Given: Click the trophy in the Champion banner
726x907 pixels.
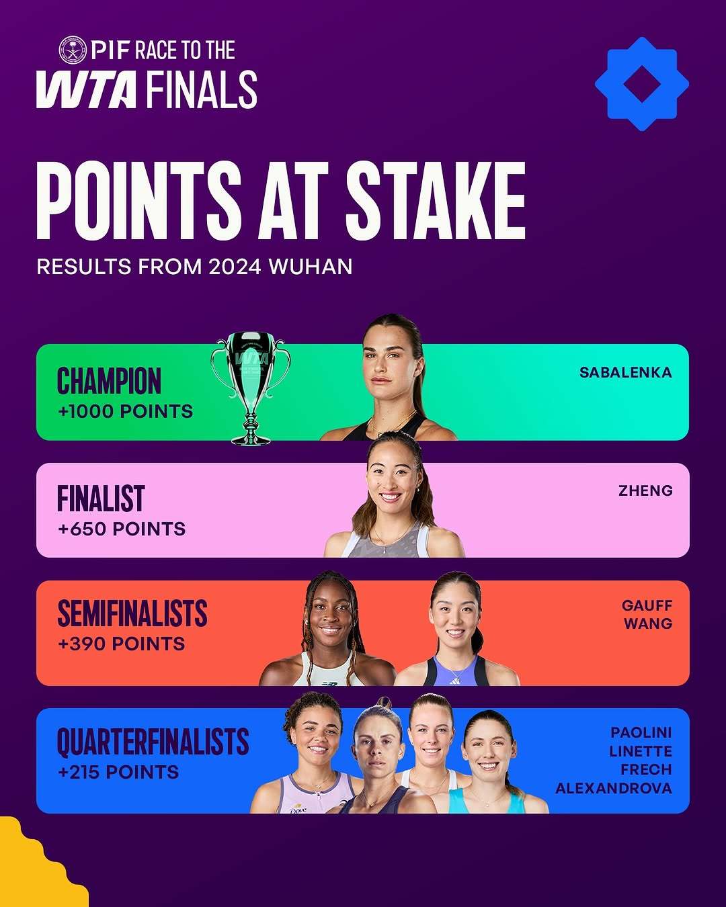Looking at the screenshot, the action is (x=251, y=388).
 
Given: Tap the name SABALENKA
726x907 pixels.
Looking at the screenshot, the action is (x=626, y=373).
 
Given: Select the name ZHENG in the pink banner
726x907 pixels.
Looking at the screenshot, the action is (x=645, y=490).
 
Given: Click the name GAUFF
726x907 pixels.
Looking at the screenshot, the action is (x=647, y=605).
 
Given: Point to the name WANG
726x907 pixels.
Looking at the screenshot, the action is (x=649, y=623).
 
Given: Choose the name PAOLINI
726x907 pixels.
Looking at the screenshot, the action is (x=641, y=732).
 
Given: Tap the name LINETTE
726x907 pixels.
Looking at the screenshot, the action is (x=641, y=751).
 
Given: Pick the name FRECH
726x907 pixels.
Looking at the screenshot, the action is (x=646, y=769).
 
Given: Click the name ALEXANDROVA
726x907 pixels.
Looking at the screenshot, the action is (x=614, y=788).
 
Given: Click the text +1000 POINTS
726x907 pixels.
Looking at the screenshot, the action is (x=126, y=411).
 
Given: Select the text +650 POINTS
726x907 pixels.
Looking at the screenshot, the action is (x=122, y=529).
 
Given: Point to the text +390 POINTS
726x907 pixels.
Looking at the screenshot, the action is (x=122, y=644).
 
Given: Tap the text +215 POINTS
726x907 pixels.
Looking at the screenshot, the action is (x=118, y=772).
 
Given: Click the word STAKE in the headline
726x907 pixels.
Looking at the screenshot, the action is (x=436, y=201).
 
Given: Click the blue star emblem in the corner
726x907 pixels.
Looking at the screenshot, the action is (x=641, y=84).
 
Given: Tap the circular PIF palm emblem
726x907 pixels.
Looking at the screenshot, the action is (x=73, y=50).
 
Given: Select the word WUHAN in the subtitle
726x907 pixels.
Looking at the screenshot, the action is (x=311, y=266).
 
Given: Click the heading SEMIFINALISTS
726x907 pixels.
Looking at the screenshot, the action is (x=132, y=613).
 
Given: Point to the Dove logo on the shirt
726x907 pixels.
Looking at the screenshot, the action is (x=298, y=809).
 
